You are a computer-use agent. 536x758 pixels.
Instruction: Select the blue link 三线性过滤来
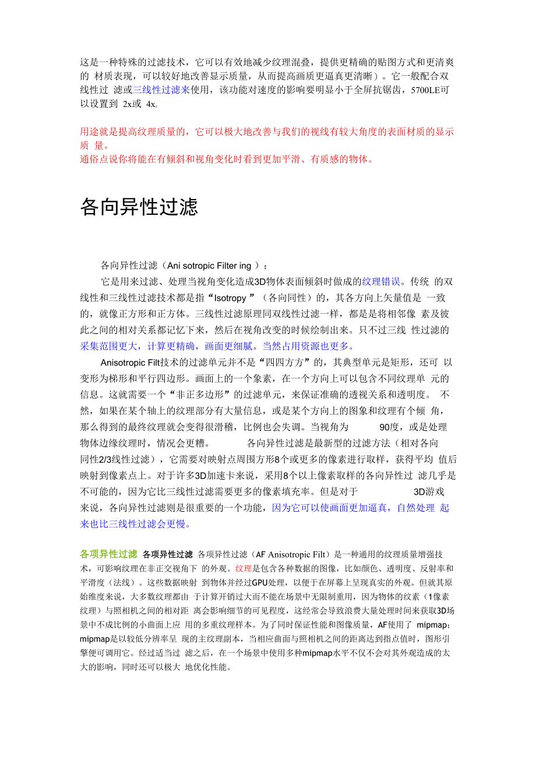(161, 90)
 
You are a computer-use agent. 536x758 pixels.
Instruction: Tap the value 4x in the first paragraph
(151, 104)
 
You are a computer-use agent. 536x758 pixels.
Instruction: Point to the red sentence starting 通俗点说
(227, 159)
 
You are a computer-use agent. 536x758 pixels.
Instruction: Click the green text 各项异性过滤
(108, 554)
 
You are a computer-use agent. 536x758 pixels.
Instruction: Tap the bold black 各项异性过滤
(168, 554)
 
